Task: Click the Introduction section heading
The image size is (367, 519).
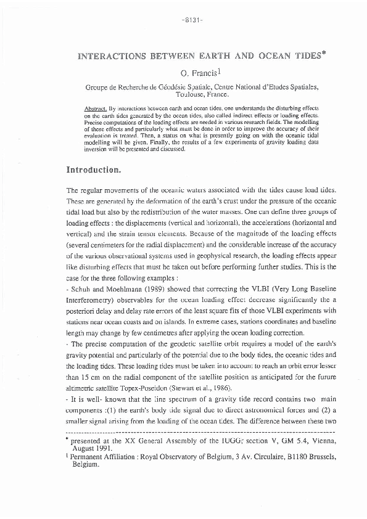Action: point(94,168)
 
